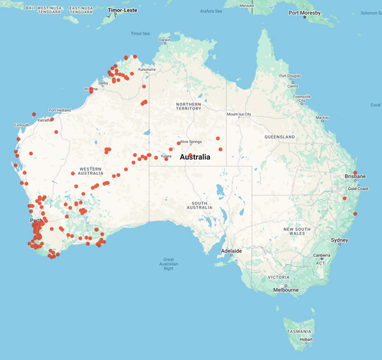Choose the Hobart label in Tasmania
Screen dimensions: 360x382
pos(306,340)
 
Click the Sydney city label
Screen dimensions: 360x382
pos(339,240)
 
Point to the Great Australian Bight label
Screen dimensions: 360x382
pos(169,263)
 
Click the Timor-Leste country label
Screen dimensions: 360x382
pos(123,11)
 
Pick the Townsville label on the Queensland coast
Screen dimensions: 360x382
pos(302,96)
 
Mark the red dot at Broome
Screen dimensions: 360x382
pos(92,90)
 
